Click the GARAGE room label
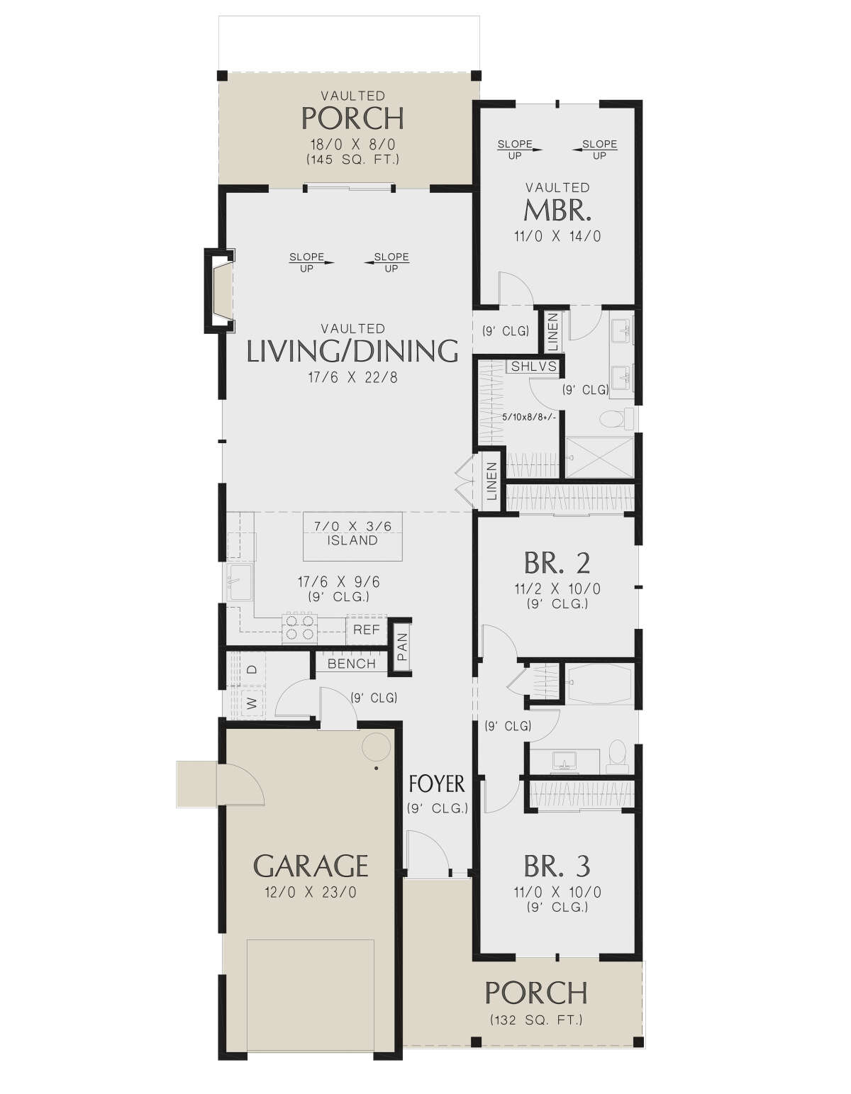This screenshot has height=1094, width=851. point(311,866)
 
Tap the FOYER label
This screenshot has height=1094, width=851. point(437,784)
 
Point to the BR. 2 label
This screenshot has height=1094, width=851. point(557,563)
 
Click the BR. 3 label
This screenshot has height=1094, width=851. point(557,866)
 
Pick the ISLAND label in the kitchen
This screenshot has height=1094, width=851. point(352,541)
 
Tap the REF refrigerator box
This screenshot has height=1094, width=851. point(366,630)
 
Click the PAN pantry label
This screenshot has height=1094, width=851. point(402,647)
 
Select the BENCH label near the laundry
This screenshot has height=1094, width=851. point(352,664)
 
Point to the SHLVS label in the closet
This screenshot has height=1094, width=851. point(534,367)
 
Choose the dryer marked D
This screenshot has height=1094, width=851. point(252,669)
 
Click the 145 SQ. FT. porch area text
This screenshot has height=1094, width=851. point(353,160)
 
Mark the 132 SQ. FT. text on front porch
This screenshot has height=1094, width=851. point(536,1020)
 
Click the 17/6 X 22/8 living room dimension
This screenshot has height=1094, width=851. point(353,378)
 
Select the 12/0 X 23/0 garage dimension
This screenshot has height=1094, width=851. point(311,893)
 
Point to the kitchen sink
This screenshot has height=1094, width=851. point(240,583)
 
